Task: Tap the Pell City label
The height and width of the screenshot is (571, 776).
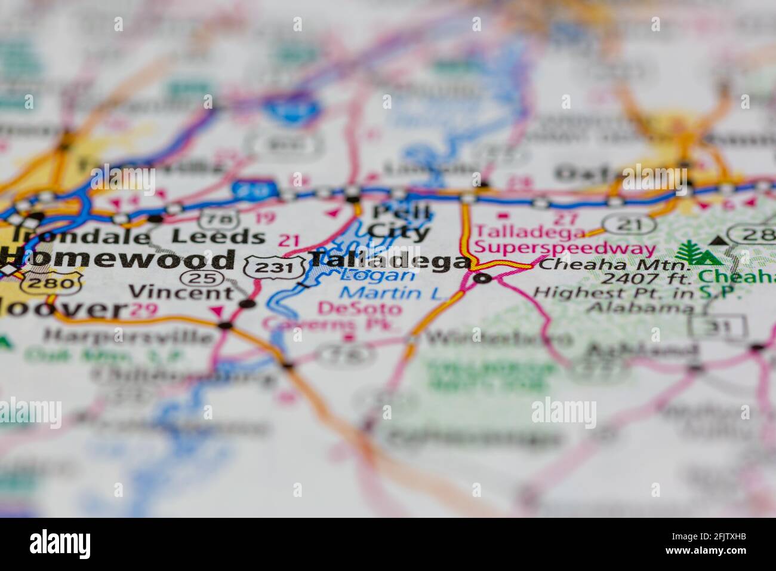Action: point(399,222)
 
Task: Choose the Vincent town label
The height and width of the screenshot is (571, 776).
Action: point(182,293)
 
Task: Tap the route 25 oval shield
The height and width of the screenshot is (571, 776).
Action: point(203,278)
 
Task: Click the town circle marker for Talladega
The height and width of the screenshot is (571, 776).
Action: point(482,278)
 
